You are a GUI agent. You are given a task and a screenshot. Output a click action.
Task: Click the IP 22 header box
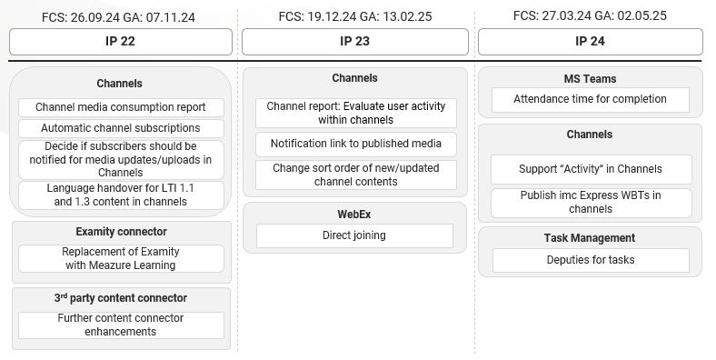coord(121,42)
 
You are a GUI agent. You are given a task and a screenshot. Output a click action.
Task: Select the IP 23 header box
coord(354,42)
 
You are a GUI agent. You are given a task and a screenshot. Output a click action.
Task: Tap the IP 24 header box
coord(590,42)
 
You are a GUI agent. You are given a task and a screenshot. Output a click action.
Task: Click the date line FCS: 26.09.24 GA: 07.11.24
coord(121,17)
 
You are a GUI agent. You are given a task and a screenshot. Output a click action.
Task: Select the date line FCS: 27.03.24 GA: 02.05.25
coord(590,15)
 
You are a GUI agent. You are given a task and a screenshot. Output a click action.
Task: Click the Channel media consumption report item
coord(121,107)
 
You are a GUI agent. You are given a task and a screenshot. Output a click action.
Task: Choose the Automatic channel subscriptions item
coord(121,128)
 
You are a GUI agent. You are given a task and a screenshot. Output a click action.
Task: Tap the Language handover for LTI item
coord(121,195)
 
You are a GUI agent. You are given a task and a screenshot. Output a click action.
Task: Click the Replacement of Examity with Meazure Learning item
coord(121,258)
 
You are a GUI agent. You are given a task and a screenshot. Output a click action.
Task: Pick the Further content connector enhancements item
coord(121,325)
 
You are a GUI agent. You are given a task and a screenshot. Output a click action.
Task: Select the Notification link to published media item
coord(356,144)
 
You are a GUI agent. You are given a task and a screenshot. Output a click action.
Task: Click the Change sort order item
coord(356,175)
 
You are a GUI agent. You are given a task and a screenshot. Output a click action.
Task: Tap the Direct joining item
coord(354,235)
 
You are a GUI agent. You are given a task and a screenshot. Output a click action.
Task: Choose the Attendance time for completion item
coord(590,99)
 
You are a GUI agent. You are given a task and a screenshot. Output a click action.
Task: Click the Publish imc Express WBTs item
coord(591,202)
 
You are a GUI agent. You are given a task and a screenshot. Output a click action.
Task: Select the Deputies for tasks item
coord(591,260)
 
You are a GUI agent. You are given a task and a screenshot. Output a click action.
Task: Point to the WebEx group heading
coord(354,215)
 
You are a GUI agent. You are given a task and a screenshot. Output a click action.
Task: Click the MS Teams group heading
coord(590,79)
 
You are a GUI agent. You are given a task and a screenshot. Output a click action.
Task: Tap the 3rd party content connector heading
coord(121,298)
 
